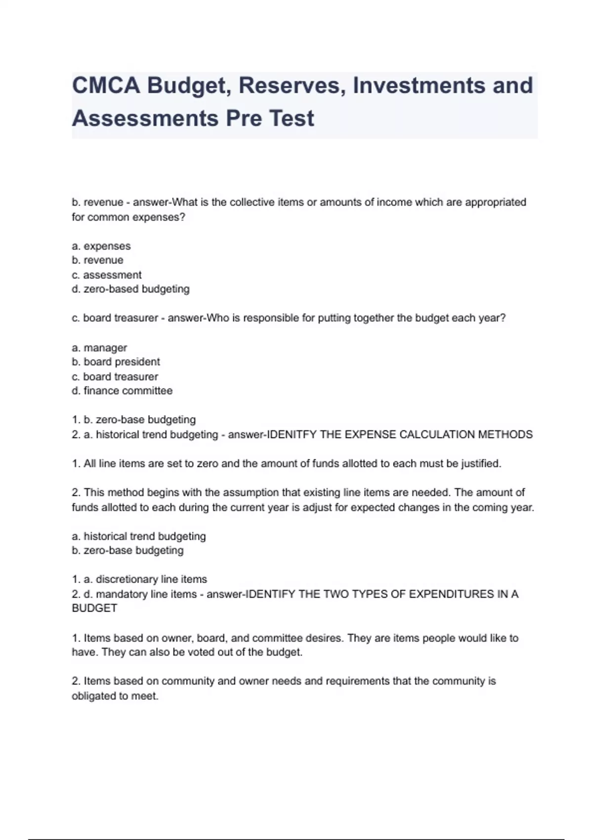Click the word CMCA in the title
106,85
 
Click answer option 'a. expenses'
101,246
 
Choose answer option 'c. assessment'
107,275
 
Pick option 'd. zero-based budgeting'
130,289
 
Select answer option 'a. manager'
99,348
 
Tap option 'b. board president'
116,362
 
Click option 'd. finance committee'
122,391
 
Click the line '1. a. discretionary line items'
139,579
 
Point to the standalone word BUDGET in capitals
94,608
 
